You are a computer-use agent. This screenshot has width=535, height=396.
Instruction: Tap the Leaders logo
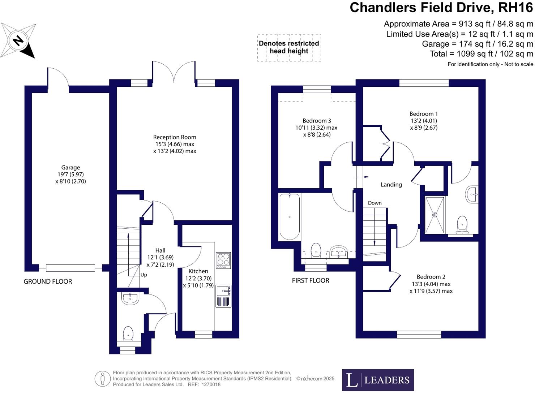click(378, 380)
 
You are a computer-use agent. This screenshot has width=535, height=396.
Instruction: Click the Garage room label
click(70, 168)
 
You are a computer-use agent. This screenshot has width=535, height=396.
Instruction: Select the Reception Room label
click(175, 137)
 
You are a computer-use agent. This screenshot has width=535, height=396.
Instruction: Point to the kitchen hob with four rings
click(223, 260)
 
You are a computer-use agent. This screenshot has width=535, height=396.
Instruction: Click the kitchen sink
click(223, 290)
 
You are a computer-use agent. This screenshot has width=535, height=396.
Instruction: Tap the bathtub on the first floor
click(290, 217)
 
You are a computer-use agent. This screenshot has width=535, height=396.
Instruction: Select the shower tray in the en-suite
click(435, 215)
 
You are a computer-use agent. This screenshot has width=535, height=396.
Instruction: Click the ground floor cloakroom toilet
click(128, 333)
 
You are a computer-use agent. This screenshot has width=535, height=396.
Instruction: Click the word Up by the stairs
click(144, 275)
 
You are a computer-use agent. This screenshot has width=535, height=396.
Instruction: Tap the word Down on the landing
click(375, 203)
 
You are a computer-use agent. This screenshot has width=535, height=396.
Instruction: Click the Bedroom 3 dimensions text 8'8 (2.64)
click(317, 135)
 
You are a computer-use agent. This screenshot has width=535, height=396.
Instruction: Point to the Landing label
click(391, 185)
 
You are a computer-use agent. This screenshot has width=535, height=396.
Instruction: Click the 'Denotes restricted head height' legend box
click(289, 47)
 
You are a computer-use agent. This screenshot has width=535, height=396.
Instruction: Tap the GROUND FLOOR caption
click(48, 281)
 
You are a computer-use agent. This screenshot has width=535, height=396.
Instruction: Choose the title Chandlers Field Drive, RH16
click(441, 8)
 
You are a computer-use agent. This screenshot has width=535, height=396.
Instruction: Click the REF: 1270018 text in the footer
click(204, 385)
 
